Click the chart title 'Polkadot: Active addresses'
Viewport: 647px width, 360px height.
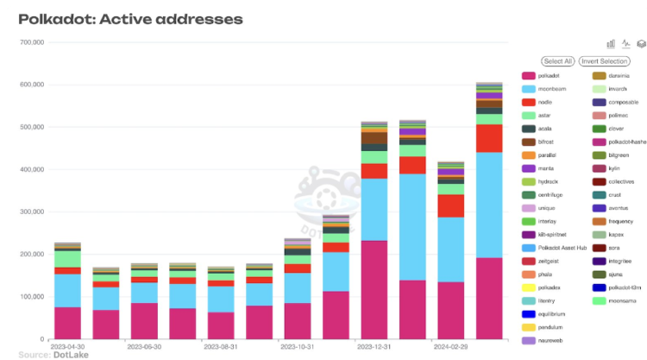[130, 18]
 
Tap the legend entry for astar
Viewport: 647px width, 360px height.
[545, 115]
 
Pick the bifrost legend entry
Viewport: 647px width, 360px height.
[548, 142]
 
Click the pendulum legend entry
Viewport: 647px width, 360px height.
[550, 327]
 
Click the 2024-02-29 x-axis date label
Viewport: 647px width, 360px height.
[451, 345]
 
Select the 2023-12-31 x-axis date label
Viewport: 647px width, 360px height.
[374, 345]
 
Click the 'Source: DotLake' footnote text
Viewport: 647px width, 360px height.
[46, 354]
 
